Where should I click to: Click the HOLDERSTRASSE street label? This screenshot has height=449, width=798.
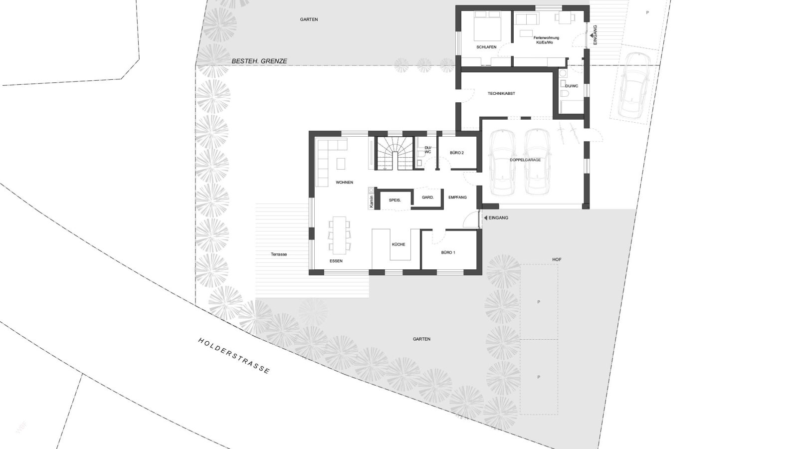point(234,356)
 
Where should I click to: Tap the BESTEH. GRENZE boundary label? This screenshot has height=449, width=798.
point(259,61)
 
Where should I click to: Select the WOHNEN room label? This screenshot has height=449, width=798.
point(345,183)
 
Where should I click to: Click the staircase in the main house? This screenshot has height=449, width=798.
point(394,153)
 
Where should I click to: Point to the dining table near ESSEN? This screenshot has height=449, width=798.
point(340,234)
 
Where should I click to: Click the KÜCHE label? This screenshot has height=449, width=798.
point(399,244)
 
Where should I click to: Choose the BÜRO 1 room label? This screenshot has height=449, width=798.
point(448,252)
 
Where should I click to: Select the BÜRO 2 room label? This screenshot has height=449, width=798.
point(457,153)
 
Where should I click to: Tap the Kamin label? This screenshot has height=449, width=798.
point(371,202)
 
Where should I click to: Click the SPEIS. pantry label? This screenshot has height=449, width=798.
point(395,200)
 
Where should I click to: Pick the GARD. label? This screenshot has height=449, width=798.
point(427,198)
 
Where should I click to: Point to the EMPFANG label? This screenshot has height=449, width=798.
point(457,198)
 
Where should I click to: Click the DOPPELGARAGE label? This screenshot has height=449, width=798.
point(525,160)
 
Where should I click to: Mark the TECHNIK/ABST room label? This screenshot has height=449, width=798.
point(501,94)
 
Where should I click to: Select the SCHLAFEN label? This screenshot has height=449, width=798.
point(486,47)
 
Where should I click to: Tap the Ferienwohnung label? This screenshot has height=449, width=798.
point(546,38)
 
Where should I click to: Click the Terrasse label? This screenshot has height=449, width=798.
point(279,254)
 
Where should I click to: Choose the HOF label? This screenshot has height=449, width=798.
point(557,260)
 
